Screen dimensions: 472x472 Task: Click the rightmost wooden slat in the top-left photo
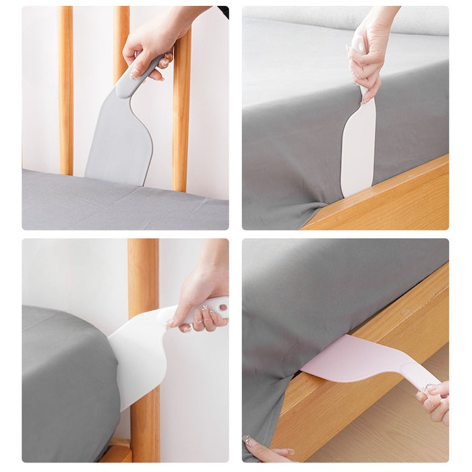tap(181, 115)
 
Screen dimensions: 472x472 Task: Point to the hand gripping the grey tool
tap(152, 40)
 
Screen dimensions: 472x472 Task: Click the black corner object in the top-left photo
tap(223, 11)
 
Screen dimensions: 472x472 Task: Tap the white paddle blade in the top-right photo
tap(357, 152)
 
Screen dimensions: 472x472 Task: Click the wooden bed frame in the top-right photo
tap(391, 202)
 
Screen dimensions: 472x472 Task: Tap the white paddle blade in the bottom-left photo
tap(138, 357)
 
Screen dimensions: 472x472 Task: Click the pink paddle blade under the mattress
tap(351, 357)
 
